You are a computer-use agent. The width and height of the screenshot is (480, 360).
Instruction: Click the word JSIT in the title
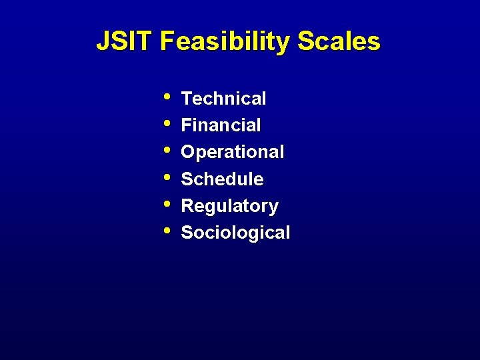point(125,41)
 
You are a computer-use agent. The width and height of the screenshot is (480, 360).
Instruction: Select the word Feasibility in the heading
point(225,42)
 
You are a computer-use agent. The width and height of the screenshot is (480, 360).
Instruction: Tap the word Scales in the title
point(339,41)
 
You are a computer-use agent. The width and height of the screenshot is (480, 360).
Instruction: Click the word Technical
point(223,99)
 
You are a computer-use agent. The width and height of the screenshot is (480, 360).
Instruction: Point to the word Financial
point(221,125)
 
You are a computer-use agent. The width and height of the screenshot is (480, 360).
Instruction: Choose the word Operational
point(232,153)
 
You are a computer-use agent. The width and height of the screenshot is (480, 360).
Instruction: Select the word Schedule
point(222,179)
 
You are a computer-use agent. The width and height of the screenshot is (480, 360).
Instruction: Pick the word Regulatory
point(229,207)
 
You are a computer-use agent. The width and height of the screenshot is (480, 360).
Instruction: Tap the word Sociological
point(235,233)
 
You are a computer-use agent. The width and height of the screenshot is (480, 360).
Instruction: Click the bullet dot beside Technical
point(166,97)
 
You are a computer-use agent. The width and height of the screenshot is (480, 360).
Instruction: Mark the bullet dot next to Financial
point(166,123)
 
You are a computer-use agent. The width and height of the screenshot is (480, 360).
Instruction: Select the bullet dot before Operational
point(166,150)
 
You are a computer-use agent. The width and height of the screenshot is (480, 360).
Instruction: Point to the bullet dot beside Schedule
point(166,177)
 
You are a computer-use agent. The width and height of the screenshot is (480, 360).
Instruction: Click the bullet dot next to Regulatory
point(166,204)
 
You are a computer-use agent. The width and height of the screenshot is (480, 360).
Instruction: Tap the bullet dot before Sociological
point(166,231)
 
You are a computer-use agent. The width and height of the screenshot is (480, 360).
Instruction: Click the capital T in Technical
point(187,99)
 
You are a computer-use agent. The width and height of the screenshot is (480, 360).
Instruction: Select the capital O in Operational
point(188,152)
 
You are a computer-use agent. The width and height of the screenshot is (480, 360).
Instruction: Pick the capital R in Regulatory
point(187,206)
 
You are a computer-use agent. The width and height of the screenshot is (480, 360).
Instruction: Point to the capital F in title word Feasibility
point(167,41)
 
